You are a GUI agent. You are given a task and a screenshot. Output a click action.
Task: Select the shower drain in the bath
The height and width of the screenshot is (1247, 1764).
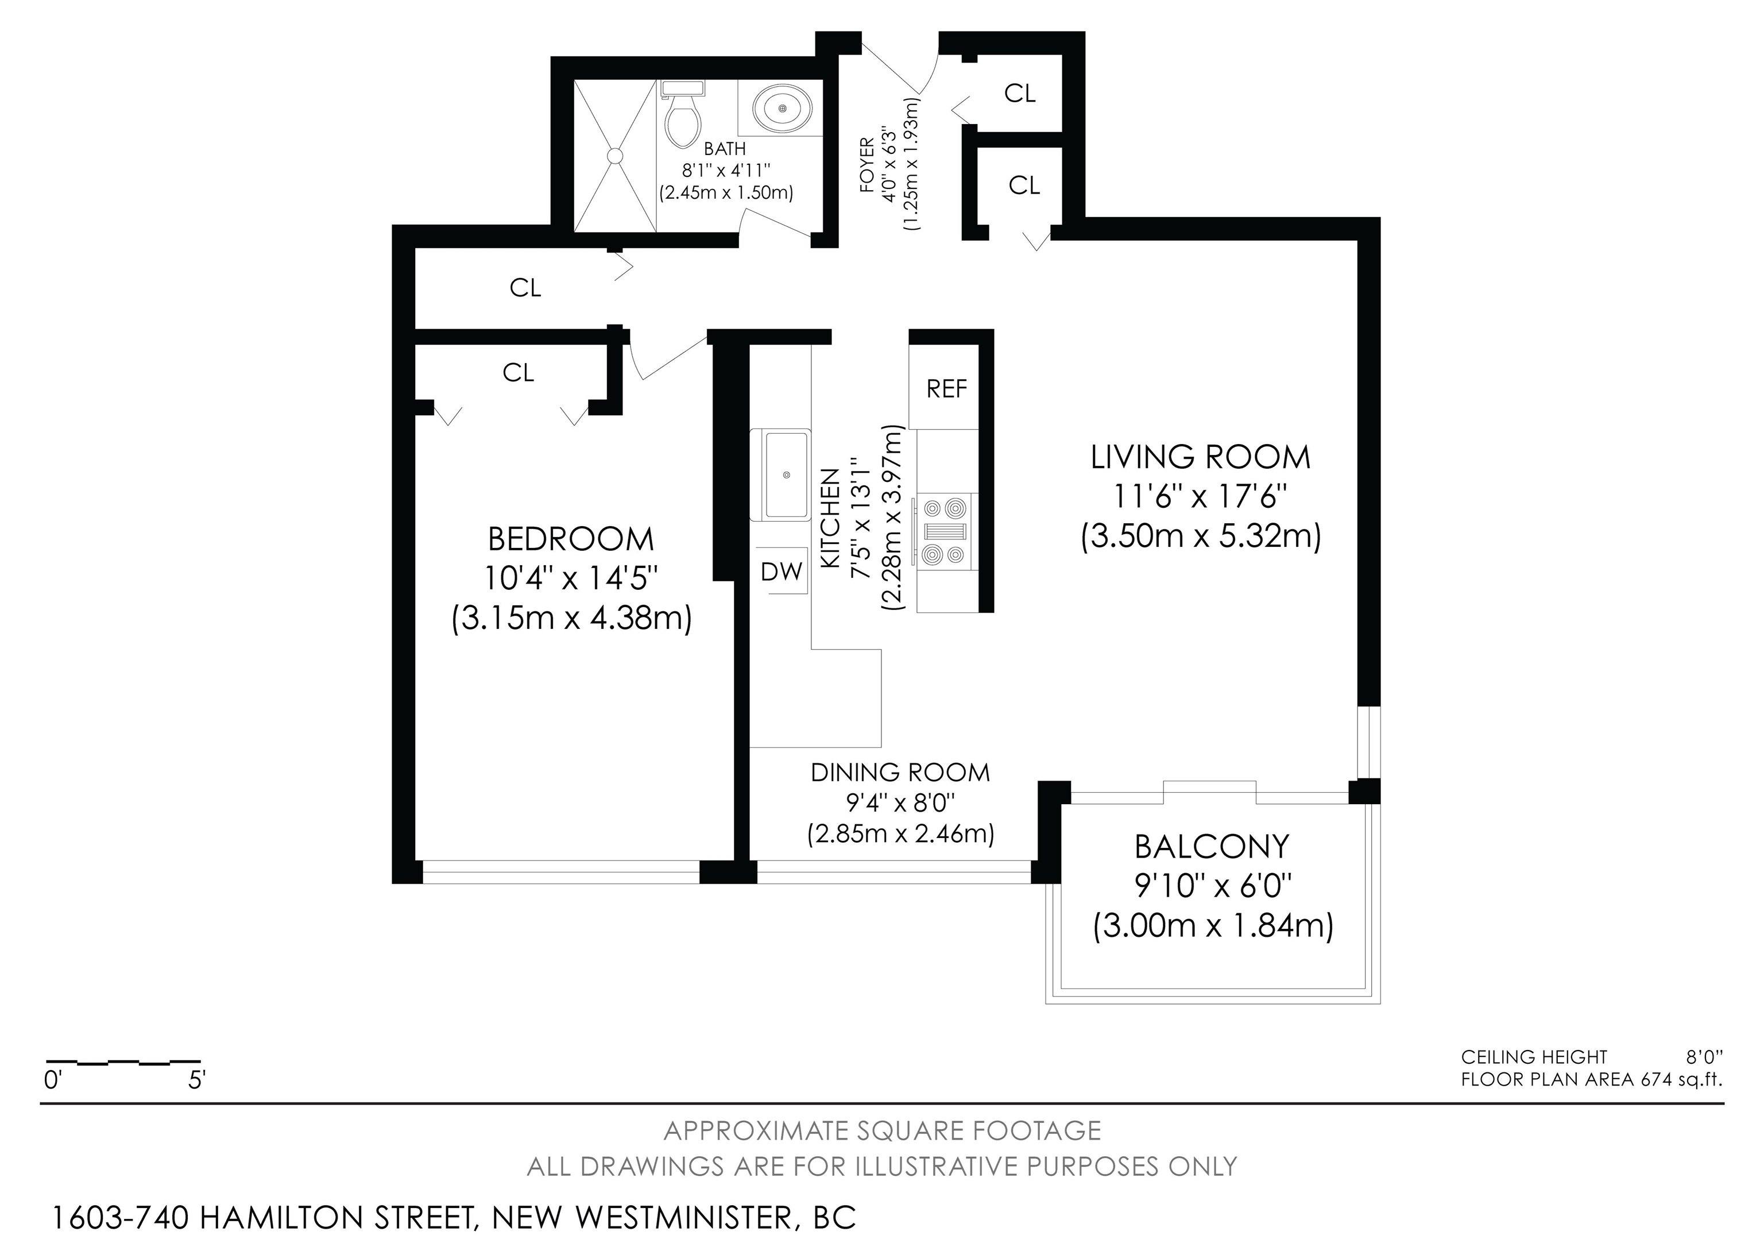(614, 155)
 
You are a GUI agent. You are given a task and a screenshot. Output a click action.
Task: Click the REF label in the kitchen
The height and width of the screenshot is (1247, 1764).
(946, 389)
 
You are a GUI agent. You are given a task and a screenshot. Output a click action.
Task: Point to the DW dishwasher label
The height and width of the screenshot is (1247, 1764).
(782, 571)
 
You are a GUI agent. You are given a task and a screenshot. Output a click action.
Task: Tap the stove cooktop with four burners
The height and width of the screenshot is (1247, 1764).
(944, 532)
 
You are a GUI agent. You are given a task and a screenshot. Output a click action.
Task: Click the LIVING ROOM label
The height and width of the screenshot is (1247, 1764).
(1200, 457)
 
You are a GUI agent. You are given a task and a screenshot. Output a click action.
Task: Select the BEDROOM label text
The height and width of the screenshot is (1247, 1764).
(571, 539)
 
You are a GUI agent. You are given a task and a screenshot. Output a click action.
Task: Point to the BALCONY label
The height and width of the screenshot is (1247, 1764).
(1212, 847)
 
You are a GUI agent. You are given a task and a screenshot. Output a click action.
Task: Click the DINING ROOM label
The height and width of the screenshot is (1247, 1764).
(900, 772)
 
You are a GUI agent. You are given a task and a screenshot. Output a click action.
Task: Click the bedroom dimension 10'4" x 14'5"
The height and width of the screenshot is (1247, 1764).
(571, 578)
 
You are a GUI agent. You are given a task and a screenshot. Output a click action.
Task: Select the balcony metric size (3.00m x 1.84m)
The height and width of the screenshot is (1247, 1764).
(1213, 926)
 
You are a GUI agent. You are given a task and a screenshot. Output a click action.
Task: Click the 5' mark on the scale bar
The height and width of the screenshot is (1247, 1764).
(197, 1080)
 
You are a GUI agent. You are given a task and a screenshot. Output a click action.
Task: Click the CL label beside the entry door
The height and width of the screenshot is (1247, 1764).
(1020, 93)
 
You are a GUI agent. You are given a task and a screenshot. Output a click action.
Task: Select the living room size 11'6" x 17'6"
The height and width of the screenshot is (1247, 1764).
(1200, 497)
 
